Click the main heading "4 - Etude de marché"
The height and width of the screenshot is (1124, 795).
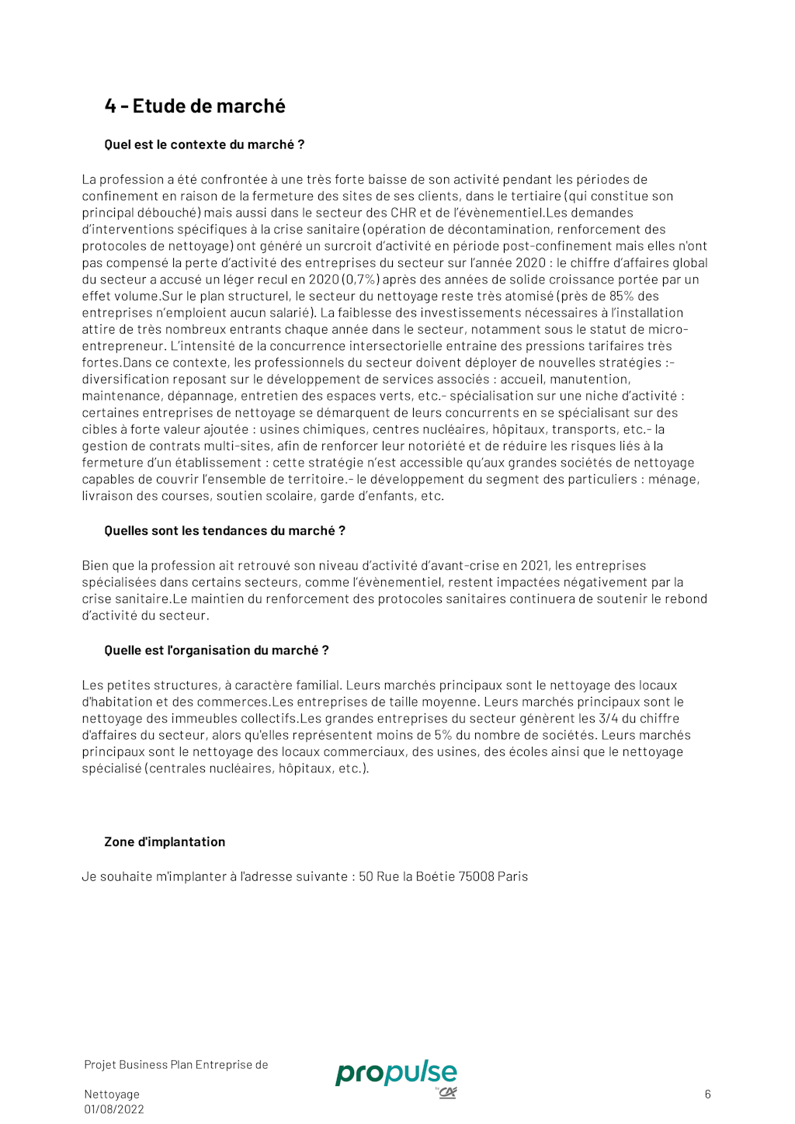[195, 106]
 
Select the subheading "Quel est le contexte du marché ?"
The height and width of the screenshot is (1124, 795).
[204, 144]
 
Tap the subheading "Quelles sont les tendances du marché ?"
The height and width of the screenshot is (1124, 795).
[224, 531]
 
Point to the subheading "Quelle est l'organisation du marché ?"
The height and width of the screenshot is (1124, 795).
[217, 650]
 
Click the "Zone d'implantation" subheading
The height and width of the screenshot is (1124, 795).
[165, 842]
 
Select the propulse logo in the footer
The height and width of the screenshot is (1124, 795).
[396, 1073]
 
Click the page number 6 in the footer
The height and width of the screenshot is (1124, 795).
[707, 1095]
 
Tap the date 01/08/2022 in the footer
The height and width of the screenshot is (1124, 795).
[114, 1109]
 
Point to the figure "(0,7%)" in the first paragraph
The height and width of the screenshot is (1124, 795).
[361, 279]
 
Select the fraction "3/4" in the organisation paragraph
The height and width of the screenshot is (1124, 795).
[608, 719]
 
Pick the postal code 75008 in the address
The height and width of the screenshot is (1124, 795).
[476, 876]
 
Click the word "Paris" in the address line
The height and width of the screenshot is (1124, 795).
[512, 876]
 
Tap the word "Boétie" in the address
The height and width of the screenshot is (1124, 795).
[436, 876]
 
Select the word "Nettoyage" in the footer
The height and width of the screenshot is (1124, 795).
[112, 1095]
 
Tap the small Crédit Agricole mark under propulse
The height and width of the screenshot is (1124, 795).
[447, 1093]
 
